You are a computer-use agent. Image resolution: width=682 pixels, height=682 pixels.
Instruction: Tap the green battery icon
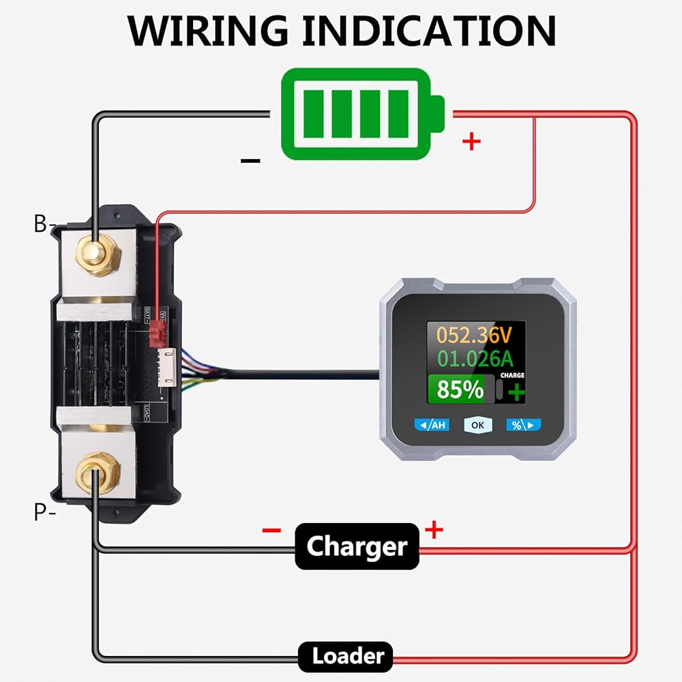362,114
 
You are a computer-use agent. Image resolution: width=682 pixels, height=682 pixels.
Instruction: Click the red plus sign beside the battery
471,142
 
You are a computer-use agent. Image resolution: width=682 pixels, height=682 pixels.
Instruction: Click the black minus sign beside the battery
250,161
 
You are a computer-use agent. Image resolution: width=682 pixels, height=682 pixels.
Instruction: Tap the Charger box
357,546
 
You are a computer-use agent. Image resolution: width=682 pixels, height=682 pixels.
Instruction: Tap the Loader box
348,657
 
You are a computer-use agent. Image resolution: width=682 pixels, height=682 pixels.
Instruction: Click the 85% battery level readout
460,390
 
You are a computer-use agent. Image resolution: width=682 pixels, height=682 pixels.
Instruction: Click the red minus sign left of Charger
271,530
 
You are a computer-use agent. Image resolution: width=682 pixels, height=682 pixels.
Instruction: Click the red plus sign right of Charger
434,529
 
